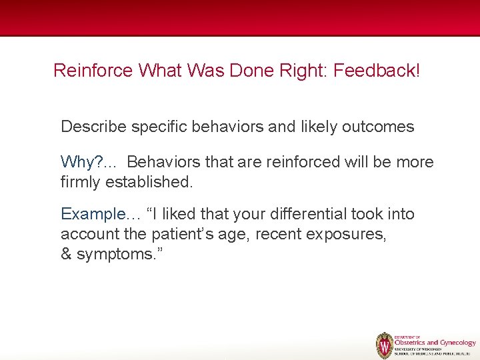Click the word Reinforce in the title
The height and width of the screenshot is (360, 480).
click(x=93, y=70)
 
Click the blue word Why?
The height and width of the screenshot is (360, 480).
click(x=79, y=162)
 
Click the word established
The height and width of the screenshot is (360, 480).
click(x=152, y=181)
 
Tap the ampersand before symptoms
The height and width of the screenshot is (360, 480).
click(x=66, y=254)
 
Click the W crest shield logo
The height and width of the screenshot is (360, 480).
click(x=384, y=345)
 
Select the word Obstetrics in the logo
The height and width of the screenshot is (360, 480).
click(x=413, y=343)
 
